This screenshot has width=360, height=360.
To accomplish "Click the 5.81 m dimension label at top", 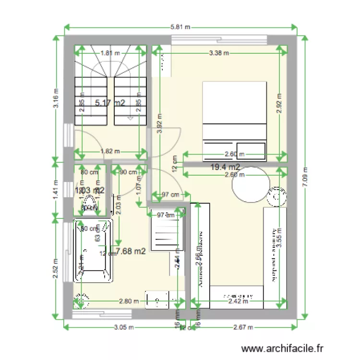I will [180, 27].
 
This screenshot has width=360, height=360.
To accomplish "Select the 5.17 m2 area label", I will [110, 102].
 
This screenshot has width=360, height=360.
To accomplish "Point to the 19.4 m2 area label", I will [226, 167].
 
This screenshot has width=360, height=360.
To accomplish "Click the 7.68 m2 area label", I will [131, 251].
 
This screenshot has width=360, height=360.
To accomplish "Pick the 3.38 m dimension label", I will [219, 53].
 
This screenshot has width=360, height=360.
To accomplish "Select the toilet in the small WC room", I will [90, 202].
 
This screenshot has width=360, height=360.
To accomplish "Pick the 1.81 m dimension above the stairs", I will [110, 53].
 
